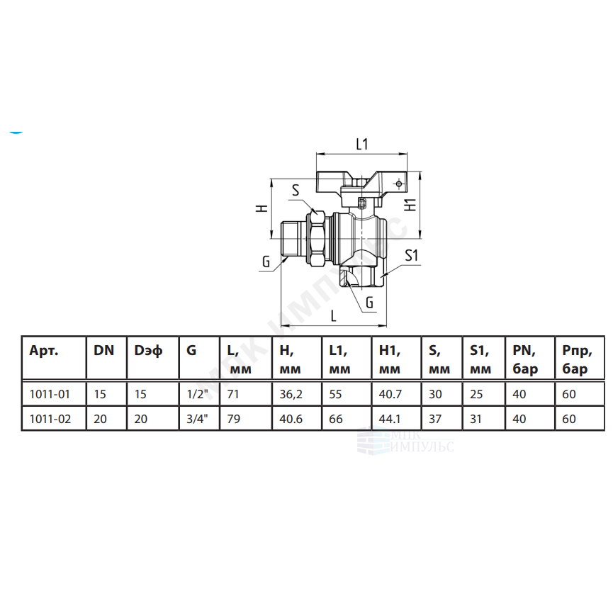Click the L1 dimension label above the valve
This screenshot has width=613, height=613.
click(x=362, y=145)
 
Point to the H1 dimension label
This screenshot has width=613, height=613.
click(x=410, y=205)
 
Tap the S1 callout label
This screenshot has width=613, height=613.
click(x=411, y=255)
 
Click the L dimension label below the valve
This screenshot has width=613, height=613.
click(x=334, y=315)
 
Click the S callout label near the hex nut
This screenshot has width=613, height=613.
click(x=296, y=190)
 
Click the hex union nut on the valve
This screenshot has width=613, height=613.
click(x=316, y=238)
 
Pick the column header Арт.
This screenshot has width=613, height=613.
click(x=44, y=351)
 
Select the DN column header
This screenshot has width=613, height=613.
click(x=103, y=351)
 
